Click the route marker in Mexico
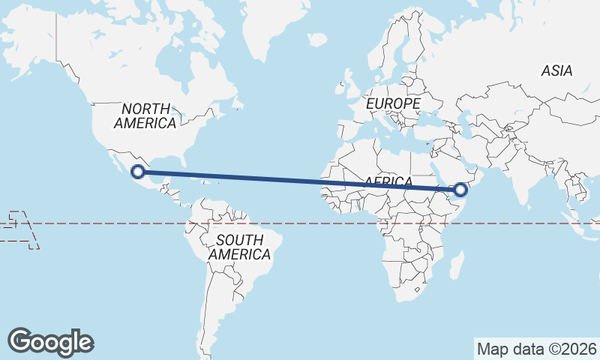click(137, 172)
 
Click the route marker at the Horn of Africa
click(460, 190)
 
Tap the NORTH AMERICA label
click(147, 115)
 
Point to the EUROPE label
click(394, 103)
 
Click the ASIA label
click(556, 70)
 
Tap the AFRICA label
click(388, 182)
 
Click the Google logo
click(50, 341)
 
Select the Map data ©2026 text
click(537, 349)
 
